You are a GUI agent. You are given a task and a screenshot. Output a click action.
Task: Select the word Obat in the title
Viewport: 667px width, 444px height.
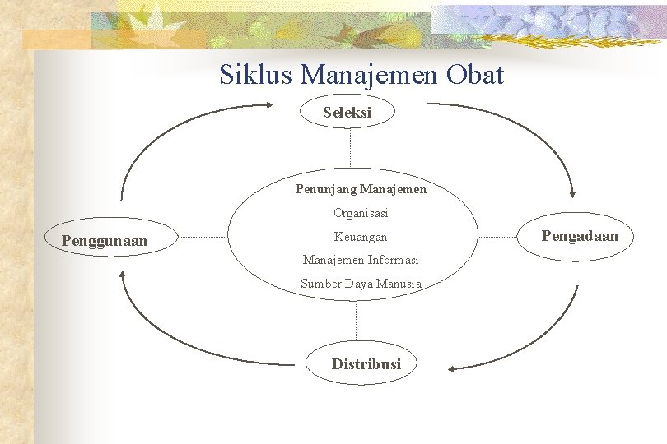475,76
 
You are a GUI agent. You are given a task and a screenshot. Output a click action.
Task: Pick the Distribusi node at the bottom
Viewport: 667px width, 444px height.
366,363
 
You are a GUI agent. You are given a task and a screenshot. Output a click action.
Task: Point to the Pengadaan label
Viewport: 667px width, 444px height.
579,236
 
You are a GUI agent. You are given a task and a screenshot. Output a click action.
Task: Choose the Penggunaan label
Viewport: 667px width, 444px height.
105,241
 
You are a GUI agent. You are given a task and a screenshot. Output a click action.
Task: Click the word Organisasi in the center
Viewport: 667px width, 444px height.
361,213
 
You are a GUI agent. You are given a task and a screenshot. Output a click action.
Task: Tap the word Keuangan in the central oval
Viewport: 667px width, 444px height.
361,237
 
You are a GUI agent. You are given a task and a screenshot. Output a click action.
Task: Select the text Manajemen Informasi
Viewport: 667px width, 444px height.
361,260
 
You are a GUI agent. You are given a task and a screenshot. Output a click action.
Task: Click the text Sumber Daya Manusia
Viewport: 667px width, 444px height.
361,284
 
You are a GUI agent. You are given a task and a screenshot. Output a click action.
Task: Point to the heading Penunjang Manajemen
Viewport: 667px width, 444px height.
361,189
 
